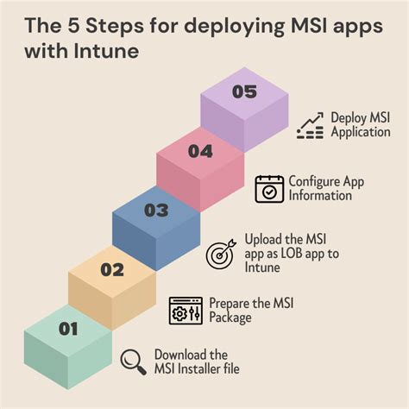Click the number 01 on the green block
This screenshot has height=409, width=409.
point(68,329)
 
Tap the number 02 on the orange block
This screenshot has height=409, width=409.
point(112,270)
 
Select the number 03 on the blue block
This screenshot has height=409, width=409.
point(156,210)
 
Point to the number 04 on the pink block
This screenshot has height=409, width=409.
point(200,151)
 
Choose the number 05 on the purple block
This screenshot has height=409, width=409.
point(244,91)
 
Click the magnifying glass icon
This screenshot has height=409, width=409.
point(133,362)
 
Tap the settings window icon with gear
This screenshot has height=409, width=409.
point(186,311)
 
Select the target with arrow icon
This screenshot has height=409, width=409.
point(221,254)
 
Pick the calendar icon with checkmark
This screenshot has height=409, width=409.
point(269,189)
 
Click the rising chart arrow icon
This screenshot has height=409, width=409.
point(310,126)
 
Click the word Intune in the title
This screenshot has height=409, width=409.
point(106,51)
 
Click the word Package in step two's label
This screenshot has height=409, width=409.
point(230,318)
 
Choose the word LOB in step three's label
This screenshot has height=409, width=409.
point(292,254)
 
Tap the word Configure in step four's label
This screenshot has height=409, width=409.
point(310,182)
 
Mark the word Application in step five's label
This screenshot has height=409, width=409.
point(361,132)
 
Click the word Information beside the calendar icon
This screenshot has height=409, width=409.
point(320,196)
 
